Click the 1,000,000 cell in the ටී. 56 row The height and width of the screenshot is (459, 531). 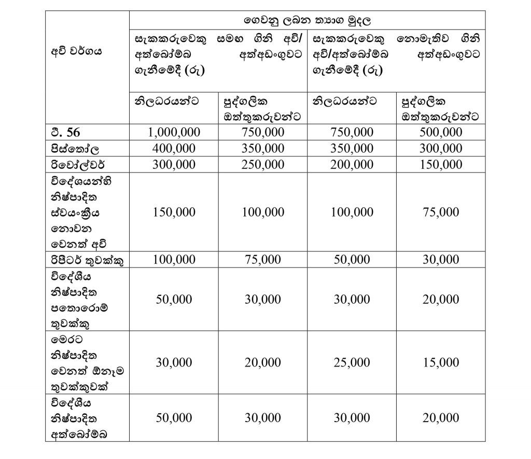pos(174,132)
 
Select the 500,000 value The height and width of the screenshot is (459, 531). pos(441,132)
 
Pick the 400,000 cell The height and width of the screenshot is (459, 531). pos(174,148)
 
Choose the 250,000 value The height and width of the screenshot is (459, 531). pos(263,165)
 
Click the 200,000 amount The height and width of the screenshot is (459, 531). pos(352,165)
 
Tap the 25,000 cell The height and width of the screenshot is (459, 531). pos(352,363)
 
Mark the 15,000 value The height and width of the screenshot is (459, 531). pos(441,363)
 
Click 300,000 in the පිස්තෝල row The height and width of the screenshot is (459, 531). pos(441,148)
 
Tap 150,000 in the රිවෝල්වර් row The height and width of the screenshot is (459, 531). pos(441,165)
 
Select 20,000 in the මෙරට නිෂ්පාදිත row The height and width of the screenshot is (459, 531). pos(263,363)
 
